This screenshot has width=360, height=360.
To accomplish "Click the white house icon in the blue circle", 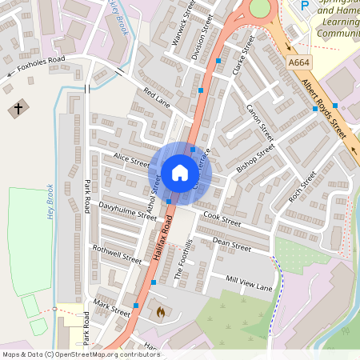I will tap(180, 172).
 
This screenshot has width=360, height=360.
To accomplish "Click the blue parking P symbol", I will tap(304, 6).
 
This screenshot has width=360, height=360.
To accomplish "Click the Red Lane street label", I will tap(158, 98).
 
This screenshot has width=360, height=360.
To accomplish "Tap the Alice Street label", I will tap(131, 160).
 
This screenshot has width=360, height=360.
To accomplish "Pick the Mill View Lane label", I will tap(249, 283).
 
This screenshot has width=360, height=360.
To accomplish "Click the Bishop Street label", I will tap(255, 158).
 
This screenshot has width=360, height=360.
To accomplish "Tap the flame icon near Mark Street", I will tap(160, 310).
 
